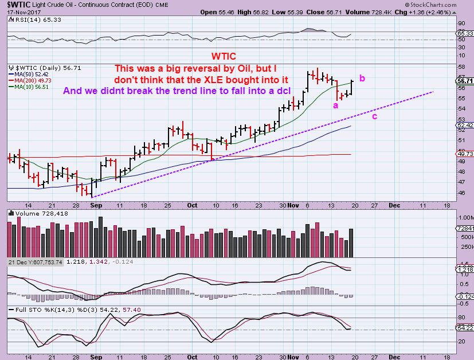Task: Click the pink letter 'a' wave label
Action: point(335,105)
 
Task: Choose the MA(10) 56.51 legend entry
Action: point(26,87)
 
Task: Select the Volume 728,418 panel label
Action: point(34,213)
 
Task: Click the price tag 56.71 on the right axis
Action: point(464,81)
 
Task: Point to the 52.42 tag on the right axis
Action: point(464,124)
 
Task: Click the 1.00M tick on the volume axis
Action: point(465,218)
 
